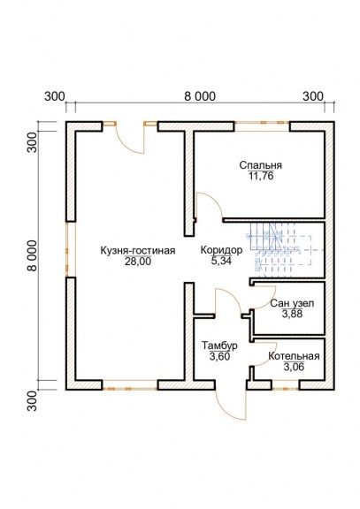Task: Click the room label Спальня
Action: (261, 165)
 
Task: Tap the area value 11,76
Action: (261, 176)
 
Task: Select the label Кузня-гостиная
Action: (138, 251)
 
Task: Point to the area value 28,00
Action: (138, 262)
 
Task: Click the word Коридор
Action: (221, 250)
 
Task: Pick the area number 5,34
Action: (221, 261)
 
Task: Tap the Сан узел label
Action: (292, 303)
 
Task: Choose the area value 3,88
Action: (293, 314)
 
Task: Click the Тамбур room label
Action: (219, 346)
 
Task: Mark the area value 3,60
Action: (220, 356)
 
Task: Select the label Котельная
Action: (294, 356)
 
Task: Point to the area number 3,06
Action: (294, 367)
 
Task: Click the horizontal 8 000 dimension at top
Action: (200, 96)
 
